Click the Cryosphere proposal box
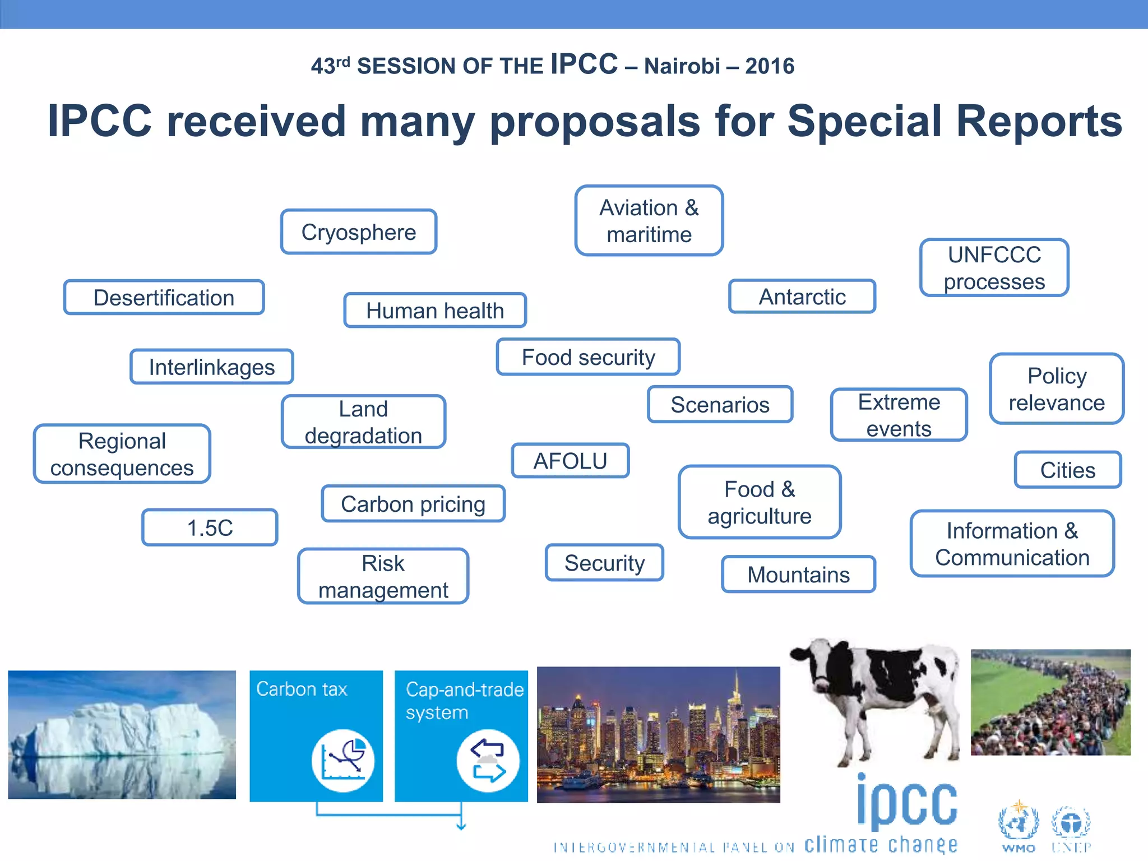click(359, 232)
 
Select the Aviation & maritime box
click(649, 221)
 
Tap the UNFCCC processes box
click(994, 268)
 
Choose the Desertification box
click(164, 297)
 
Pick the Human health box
click(435, 310)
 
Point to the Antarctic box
click(802, 297)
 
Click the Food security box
click(588, 357)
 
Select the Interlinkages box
click(212, 367)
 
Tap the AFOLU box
click(570, 461)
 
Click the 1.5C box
click(210, 527)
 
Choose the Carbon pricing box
click(413, 504)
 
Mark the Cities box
click(1067, 470)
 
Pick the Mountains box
click(798, 574)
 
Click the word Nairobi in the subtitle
click(682, 66)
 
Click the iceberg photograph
click(122, 734)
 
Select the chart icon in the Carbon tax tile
click(342, 761)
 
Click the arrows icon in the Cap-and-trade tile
click(488, 761)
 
